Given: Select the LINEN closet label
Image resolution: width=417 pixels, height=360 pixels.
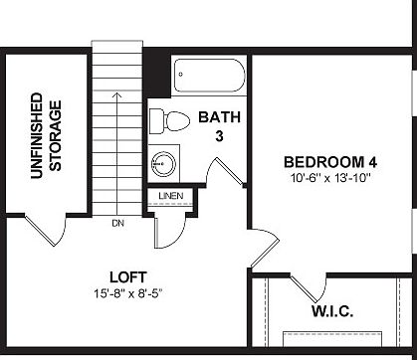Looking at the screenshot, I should click(170, 196).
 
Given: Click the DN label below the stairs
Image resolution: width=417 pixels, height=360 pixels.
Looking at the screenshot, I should click(117, 222).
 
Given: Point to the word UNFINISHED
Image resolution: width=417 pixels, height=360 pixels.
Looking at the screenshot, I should click(36, 136).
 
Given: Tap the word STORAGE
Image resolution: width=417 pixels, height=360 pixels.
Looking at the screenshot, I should click(57, 136).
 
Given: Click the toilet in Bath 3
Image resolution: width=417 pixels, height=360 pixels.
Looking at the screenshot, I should click(169, 121).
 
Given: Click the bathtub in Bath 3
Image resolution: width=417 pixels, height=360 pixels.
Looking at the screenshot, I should click(208, 74).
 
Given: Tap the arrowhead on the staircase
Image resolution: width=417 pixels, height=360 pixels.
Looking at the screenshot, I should click(116, 95).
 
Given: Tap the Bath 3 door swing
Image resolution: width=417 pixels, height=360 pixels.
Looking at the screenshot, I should click(225, 169).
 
